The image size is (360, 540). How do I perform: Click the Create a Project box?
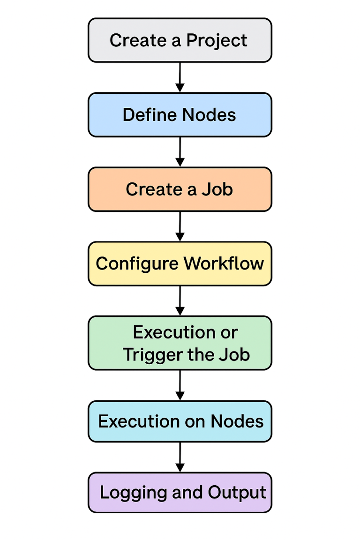180,40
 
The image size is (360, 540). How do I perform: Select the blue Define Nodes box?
180,115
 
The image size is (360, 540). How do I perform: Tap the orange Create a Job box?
180,189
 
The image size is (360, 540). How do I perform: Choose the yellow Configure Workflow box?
180,263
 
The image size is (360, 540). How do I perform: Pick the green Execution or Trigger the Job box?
180,343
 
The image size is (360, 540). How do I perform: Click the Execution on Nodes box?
180,421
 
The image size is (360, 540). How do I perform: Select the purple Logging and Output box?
180,493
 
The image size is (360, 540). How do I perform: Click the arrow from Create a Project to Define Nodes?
180,77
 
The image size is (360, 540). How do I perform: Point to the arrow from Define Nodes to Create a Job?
180,152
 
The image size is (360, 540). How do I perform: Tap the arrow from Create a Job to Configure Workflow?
180,226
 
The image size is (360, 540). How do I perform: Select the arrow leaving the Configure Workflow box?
180,300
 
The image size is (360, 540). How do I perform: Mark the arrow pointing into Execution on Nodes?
180,385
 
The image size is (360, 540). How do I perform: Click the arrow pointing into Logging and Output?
180,457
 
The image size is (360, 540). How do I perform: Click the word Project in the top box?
217,41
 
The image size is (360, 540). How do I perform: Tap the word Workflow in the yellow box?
224,263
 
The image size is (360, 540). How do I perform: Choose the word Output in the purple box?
237,493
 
